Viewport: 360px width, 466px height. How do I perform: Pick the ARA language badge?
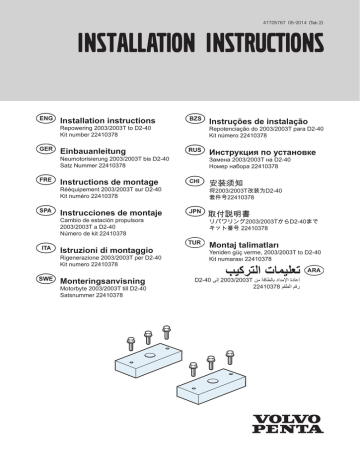313,269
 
